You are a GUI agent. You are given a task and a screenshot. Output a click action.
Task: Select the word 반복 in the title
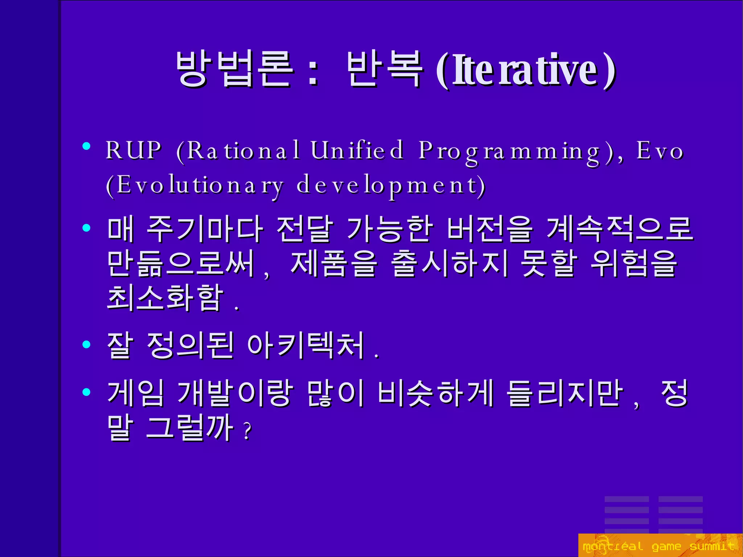click(385, 69)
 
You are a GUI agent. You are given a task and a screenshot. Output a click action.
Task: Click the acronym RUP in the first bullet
click(133, 150)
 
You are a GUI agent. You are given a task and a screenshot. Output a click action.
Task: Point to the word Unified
click(357, 150)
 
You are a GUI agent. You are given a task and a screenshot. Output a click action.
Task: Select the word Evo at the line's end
click(660, 150)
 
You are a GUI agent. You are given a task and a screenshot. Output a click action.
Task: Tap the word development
click(390, 185)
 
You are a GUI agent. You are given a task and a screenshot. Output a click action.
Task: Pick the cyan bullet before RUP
click(86, 146)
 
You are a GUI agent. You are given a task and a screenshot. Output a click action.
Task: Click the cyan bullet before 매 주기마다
click(86, 228)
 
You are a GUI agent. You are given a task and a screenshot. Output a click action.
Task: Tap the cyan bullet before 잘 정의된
click(86, 344)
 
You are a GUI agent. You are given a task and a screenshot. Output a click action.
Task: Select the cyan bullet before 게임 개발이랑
click(86, 392)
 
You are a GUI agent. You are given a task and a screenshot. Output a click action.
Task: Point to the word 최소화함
click(165, 298)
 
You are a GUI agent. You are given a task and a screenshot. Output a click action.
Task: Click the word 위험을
click(633, 263)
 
